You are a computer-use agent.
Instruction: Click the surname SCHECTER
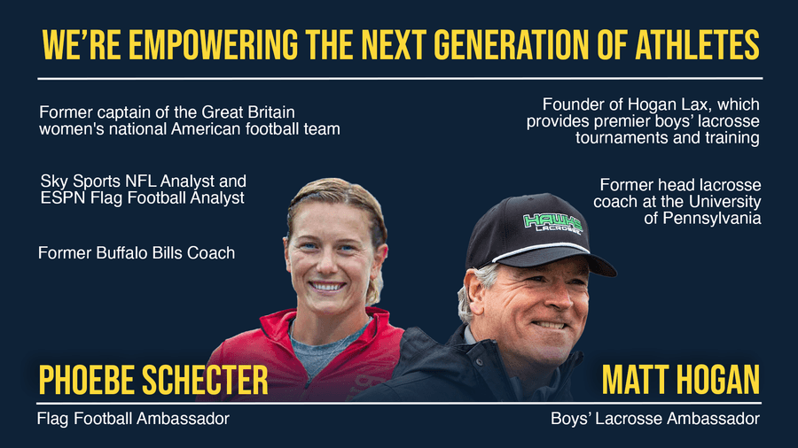[x=205, y=380]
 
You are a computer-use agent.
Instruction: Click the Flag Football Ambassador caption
[x=133, y=419]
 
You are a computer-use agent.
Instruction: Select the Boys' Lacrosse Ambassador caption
[x=655, y=419]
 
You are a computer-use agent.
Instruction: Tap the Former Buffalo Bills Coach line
[x=137, y=253]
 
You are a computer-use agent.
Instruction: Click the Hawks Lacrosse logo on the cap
[x=552, y=222]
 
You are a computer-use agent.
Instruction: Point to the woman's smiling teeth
[x=326, y=287]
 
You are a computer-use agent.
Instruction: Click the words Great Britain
[x=248, y=112]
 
